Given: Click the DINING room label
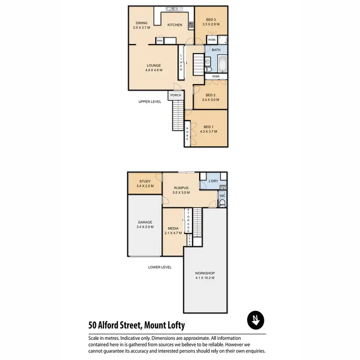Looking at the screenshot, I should point(142,23).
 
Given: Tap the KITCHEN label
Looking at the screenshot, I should point(174,25).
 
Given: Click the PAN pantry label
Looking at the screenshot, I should point(159,41).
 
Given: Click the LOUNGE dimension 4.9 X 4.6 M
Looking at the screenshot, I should point(154,70).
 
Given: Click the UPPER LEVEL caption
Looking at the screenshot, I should point(150,102).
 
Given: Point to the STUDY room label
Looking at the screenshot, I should point(144,181).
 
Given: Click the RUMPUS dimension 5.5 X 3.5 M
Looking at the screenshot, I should point(181,192).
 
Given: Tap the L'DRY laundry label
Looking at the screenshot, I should point(214,181).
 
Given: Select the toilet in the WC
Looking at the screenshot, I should point(222,204).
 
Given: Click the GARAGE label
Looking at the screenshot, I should point(145,222).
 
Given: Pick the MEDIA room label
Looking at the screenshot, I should point(173,228).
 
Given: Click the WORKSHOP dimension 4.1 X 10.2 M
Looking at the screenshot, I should point(204,277).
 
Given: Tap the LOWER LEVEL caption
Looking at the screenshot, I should point(160,267).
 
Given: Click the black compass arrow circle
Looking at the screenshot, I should point(255,320).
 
